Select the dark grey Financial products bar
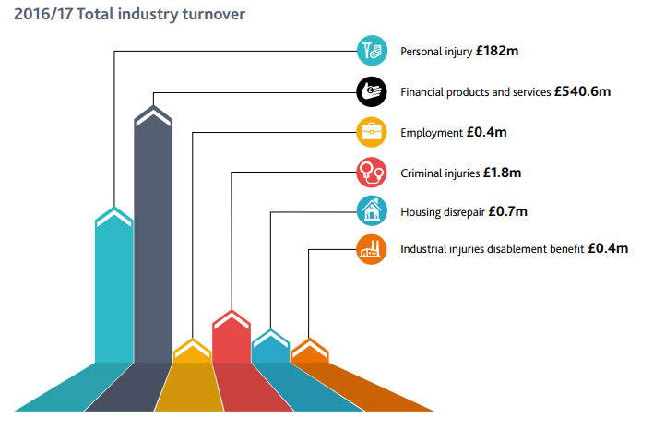(x=153, y=234)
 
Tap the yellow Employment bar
(x=192, y=351)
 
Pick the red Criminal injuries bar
(x=232, y=337)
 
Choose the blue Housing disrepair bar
(x=270, y=346)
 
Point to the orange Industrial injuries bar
(x=310, y=351)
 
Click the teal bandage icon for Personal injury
(x=372, y=51)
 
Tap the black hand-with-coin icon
(x=372, y=91)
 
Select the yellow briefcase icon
(x=372, y=132)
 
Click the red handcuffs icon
(x=372, y=173)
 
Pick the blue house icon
(x=372, y=210)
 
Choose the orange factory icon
(x=372, y=249)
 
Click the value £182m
(x=497, y=51)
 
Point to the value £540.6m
(x=582, y=91)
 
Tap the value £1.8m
(x=502, y=173)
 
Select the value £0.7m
(x=507, y=211)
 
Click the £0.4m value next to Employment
(x=487, y=132)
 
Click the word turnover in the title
(x=214, y=14)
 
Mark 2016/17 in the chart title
(x=43, y=14)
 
